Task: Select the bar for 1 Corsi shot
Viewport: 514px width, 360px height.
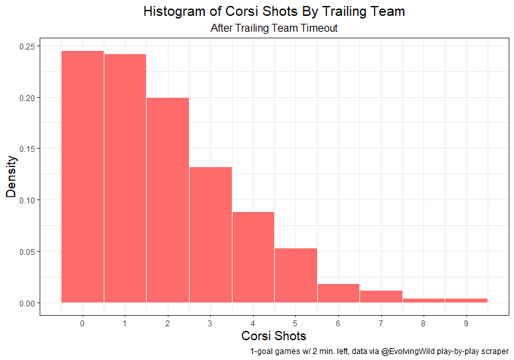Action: tap(125, 178)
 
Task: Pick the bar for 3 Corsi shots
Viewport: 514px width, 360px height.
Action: tap(210, 234)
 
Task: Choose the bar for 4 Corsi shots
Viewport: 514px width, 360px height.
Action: tap(253, 257)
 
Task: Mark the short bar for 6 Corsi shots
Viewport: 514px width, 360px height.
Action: tap(338, 293)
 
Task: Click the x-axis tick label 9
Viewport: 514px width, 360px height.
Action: tap(466, 323)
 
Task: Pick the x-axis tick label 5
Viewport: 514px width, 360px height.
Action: tap(295, 323)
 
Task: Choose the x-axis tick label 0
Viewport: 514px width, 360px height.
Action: tap(83, 323)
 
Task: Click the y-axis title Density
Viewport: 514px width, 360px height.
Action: tap(11, 176)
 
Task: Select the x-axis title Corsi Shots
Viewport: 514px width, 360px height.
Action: tap(274, 336)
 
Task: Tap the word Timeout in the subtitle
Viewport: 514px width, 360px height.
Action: tap(318, 28)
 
